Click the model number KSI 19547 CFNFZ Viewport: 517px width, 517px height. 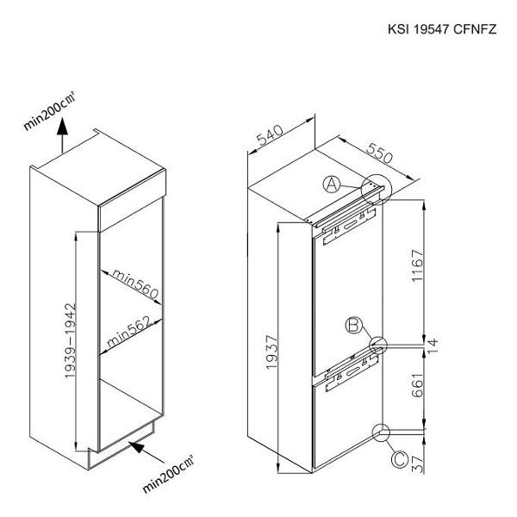pos(442,29)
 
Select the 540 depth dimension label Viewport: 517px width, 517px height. pos(271,135)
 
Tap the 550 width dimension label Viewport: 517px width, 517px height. pos(380,153)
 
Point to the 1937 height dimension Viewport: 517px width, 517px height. pos(272,352)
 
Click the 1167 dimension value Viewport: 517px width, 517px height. pos(417,265)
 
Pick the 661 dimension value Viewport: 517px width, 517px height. pos(417,386)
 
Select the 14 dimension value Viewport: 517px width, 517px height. pos(433,346)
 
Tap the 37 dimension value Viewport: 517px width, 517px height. pos(418,464)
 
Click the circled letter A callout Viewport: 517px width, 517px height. pos(332,184)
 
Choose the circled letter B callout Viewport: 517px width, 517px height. pos(353,325)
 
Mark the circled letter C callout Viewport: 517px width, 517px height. pos(399,459)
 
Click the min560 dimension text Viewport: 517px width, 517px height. pos(135,283)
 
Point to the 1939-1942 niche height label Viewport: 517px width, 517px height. pos(71,340)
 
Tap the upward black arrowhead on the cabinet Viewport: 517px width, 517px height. pos(62,128)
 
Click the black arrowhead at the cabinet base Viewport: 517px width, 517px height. pos(138,447)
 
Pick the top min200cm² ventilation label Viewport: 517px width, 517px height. pos(49,111)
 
